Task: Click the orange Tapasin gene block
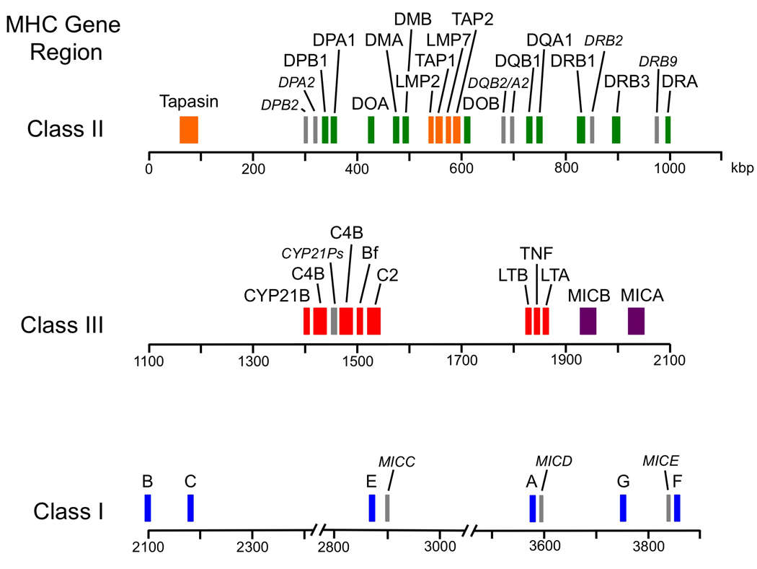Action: click(189, 130)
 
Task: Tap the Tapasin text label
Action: click(189, 101)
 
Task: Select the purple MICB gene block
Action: click(588, 321)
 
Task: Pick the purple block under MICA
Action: click(636, 321)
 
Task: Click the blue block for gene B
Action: click(148, 508)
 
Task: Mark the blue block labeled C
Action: click(190, 508)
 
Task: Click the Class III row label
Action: click(62, 325)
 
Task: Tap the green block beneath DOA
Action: click(371, 130)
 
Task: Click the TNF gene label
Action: click(536, 253)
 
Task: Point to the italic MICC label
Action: click(397, 461)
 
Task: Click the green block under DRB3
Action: click(616, 130)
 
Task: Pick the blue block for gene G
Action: click(623, 508)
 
